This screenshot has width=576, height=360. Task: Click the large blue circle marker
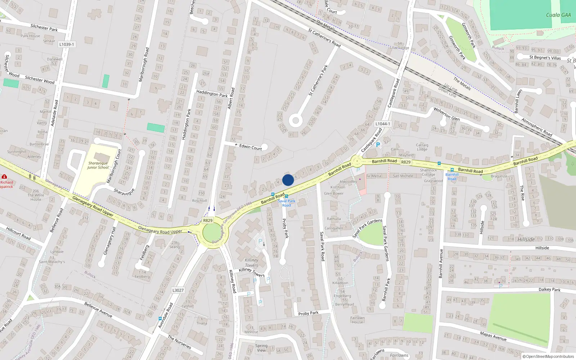tap(288, 180)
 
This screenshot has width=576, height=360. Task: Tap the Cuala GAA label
tap(558, 15)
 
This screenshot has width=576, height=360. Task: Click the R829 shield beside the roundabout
tap(208, 220)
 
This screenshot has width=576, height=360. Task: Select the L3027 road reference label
tap(178, 290)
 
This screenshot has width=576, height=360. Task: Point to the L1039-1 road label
tap(67, 44)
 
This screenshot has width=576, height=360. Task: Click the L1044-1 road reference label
tap(383, 124)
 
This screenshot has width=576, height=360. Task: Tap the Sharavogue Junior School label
tap(98, 165)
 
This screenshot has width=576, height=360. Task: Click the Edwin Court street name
tap(251, 147)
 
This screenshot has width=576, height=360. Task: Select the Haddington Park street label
tap(212, 94)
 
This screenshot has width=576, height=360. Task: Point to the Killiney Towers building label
tap(251, 262)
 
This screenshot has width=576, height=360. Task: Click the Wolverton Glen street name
tap(446, 114)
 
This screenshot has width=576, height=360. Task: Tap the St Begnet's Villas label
tap(545, 57)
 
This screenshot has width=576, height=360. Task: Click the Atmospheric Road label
tap(537, 127)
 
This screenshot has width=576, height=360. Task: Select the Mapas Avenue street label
tap(493, 336)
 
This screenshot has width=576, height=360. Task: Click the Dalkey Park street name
tap(549, 289)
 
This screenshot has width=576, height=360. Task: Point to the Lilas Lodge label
tap(400, 48)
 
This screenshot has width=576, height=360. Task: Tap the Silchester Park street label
tap(44, 27)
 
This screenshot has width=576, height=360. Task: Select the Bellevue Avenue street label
tap(98, 310)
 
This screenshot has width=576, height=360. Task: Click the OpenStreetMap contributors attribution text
tap(548, 356)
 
